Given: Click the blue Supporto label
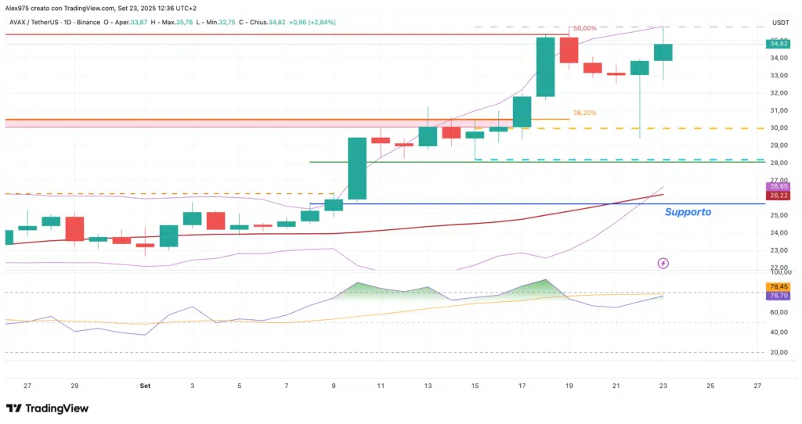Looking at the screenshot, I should click(688, 212).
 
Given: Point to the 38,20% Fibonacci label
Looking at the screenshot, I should click(584, 113).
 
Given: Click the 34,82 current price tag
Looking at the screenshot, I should click(779, 44).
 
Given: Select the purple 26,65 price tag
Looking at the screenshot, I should click(779, 186).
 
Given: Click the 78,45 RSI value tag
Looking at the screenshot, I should click(779, 286).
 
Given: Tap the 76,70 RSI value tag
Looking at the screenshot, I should click(779, 296).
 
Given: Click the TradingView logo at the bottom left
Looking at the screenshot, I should click(47, 408).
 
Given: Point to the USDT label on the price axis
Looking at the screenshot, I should click(780, 23).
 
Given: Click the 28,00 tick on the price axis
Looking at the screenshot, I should click(779, 163).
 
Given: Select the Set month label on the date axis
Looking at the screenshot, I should click(145, 386).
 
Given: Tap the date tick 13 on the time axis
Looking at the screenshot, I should click(428, 386).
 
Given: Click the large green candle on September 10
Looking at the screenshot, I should click(357, 168).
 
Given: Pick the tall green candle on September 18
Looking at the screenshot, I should click(546, 67).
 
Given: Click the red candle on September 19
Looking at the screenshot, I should click(569, 50).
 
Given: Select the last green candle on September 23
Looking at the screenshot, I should click(663, 52).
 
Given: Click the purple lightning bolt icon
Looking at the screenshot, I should click(663, 264).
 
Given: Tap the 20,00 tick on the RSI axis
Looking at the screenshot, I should click(779, 353).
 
